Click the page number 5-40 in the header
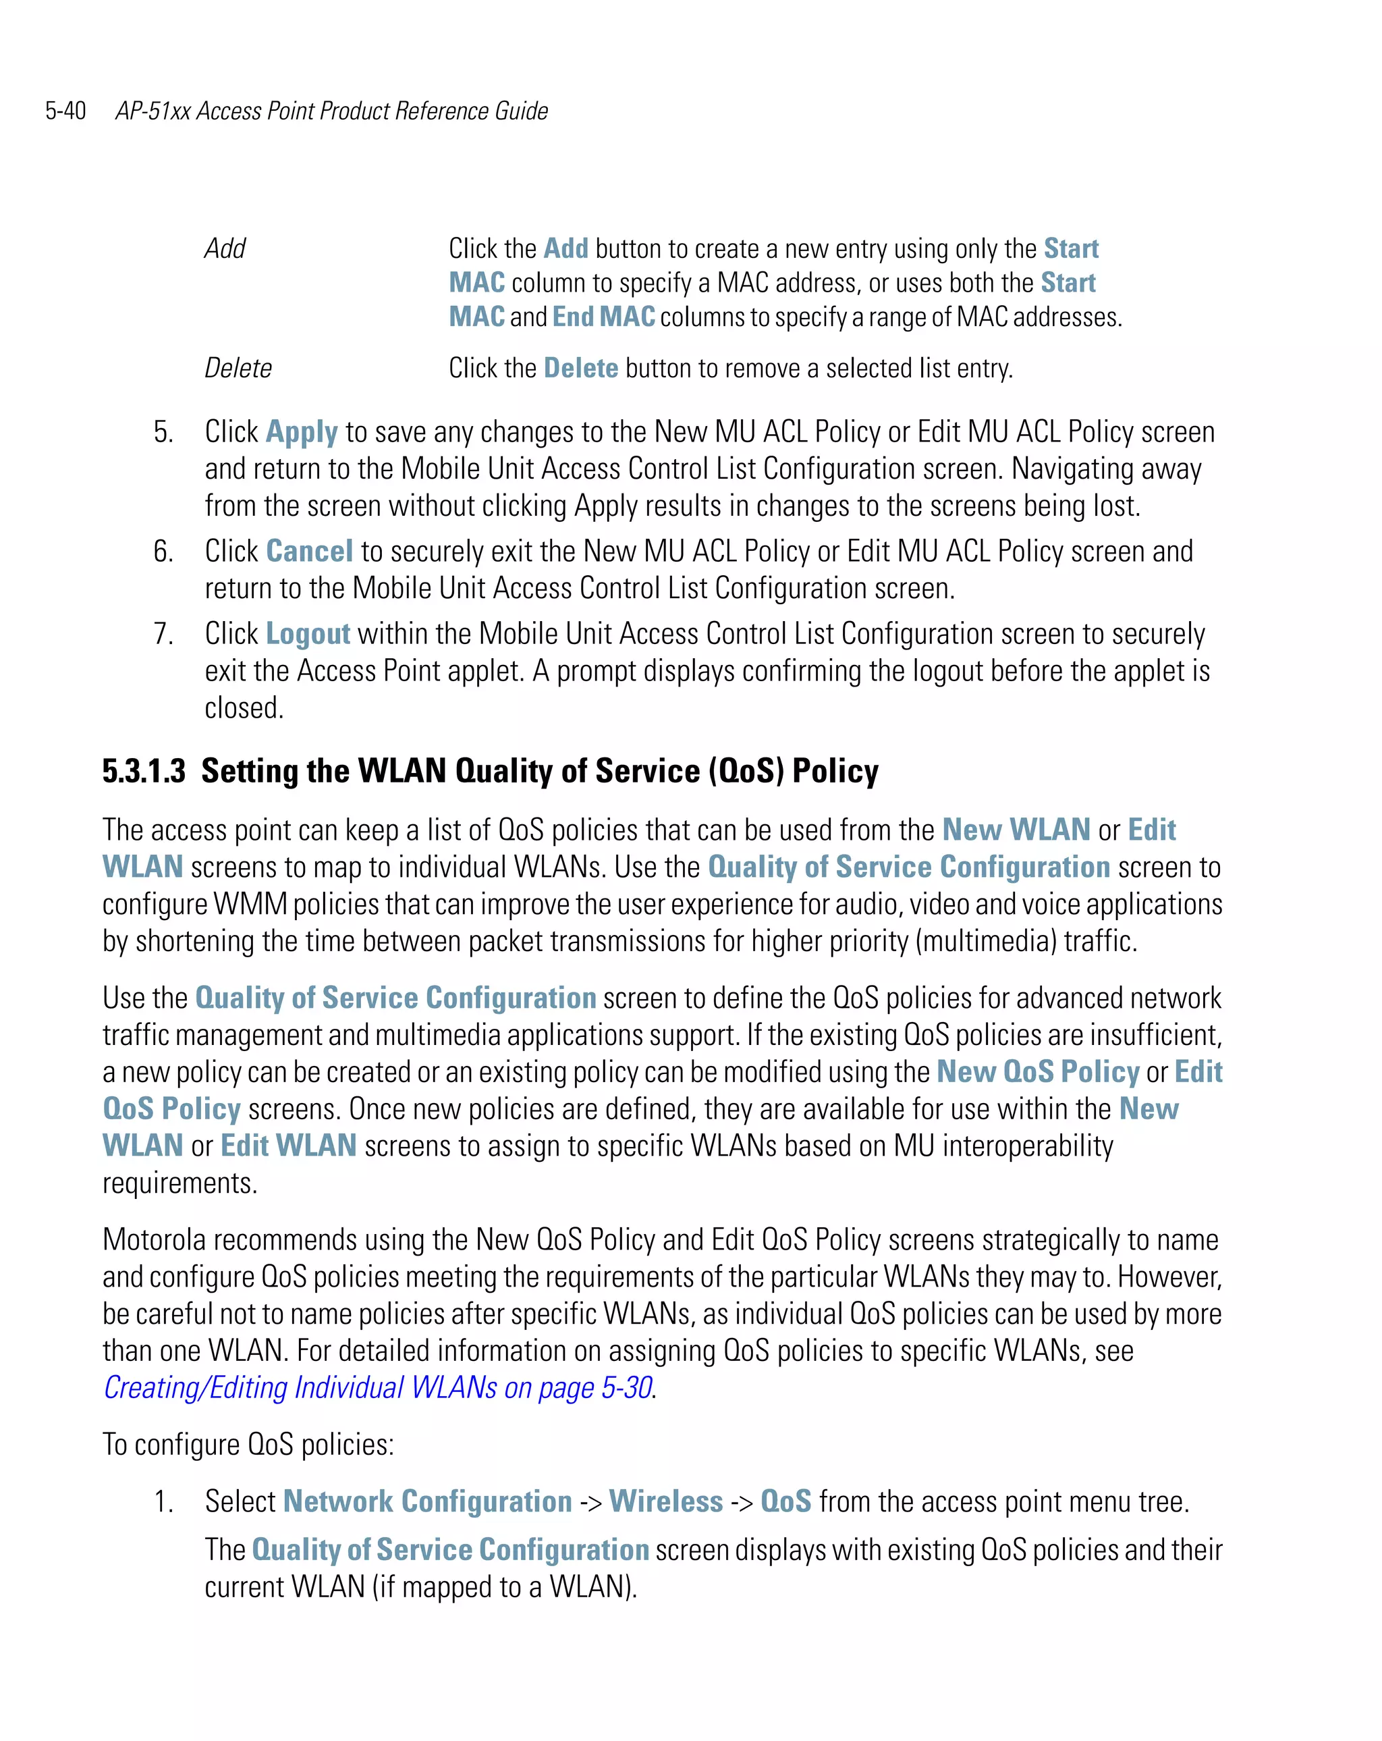click(65, 111)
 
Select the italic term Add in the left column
click(225, 248)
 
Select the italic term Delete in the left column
click(238, 368)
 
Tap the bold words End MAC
click(604, 317)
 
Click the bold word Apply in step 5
click(302, 433)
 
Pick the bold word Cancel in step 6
click(309, 552)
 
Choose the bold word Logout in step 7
click(308, 634)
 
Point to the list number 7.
click(163, 634)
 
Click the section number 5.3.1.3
click(144, 771)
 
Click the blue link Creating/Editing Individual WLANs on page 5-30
click(378, 1387)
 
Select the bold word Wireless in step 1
click(666, 1501)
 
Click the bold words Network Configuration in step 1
click(428, 1501)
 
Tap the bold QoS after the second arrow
click(785, 1501)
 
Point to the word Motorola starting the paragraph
click(153, 1239)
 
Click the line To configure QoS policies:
click(248, 1445)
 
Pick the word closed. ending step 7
click(244, 708)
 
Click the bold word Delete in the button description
click(580, 368)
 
